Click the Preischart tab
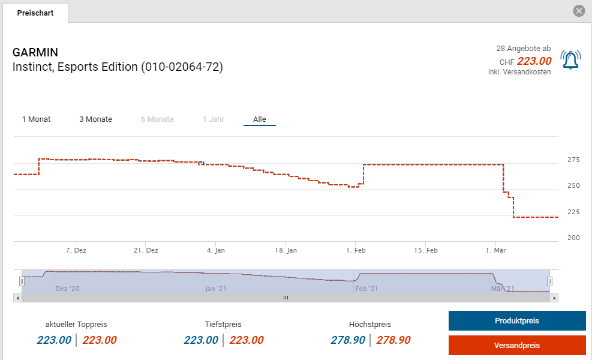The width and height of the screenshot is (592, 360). pos(35,13)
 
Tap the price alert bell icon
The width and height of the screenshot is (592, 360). pos(570,60)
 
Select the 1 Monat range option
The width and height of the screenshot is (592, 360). pos(36,119)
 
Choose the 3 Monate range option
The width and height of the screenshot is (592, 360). pos(95,119)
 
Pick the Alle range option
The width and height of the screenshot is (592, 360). pos(259,119)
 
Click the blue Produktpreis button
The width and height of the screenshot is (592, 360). pos(516,321)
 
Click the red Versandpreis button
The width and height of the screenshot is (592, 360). pos(516,346)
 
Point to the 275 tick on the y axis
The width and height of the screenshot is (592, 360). pos(573,160)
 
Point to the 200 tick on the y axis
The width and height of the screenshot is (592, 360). pos(573,238)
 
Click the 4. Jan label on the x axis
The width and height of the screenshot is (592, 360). pos(216,250)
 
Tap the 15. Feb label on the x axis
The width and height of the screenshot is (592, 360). pos(426,250)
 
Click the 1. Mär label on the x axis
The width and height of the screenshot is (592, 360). pos(496,250)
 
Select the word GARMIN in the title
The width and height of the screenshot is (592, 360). pos(35,52)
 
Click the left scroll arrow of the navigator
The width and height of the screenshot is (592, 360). pos(17,298)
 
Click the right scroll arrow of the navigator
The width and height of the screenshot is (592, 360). pos(554,298)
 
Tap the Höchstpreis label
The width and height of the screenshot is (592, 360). pos(370,325)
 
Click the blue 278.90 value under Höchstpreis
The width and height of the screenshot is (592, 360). pos(348,340)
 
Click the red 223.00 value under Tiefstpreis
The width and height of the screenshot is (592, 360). pos(247,340)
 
